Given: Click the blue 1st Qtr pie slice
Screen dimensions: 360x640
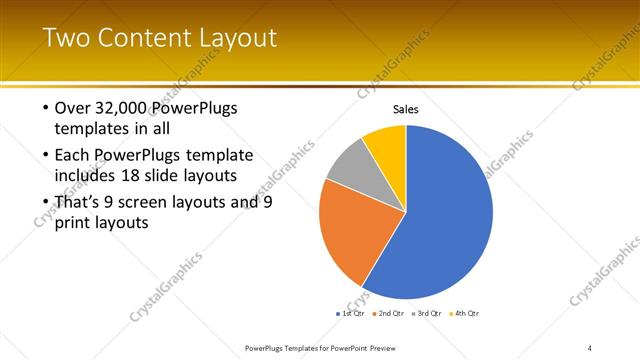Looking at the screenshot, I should [440, 215].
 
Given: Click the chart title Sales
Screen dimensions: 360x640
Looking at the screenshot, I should [405, 109].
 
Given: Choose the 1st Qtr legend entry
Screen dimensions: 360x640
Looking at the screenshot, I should [350, 313].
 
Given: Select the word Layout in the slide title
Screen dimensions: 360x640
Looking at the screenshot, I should [241, 38].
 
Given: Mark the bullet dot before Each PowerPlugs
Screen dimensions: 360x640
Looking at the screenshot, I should [46, 155].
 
